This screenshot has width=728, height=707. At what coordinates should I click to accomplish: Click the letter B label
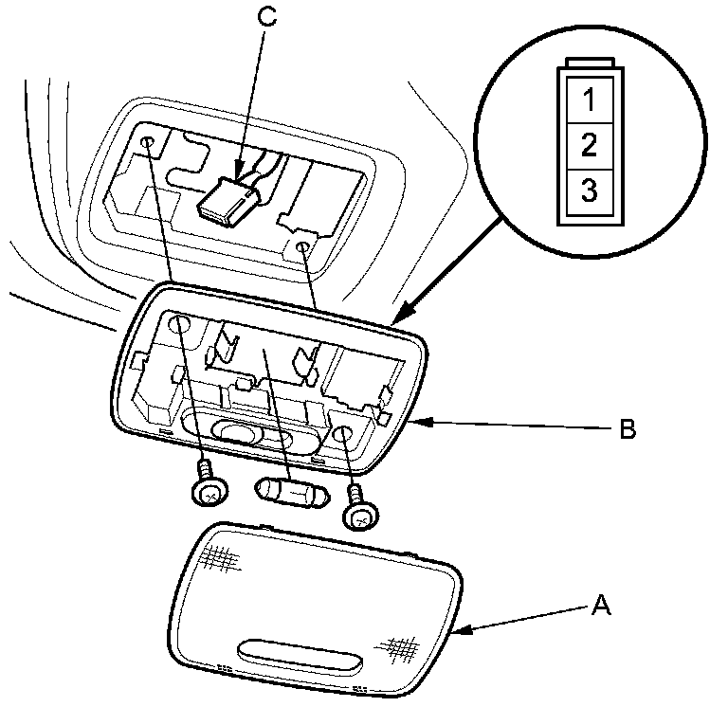coord(627,430)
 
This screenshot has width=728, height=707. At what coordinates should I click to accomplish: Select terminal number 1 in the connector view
coord(589,99)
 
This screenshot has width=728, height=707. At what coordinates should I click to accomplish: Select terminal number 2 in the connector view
coord(589,145)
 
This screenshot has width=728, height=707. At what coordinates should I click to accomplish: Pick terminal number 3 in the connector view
coord(589,190)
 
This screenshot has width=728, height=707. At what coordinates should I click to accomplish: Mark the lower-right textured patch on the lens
coord(399,648)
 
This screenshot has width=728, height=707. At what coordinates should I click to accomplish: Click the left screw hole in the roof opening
coord(150,143)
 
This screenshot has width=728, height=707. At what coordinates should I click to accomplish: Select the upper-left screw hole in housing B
coord(180,327)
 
